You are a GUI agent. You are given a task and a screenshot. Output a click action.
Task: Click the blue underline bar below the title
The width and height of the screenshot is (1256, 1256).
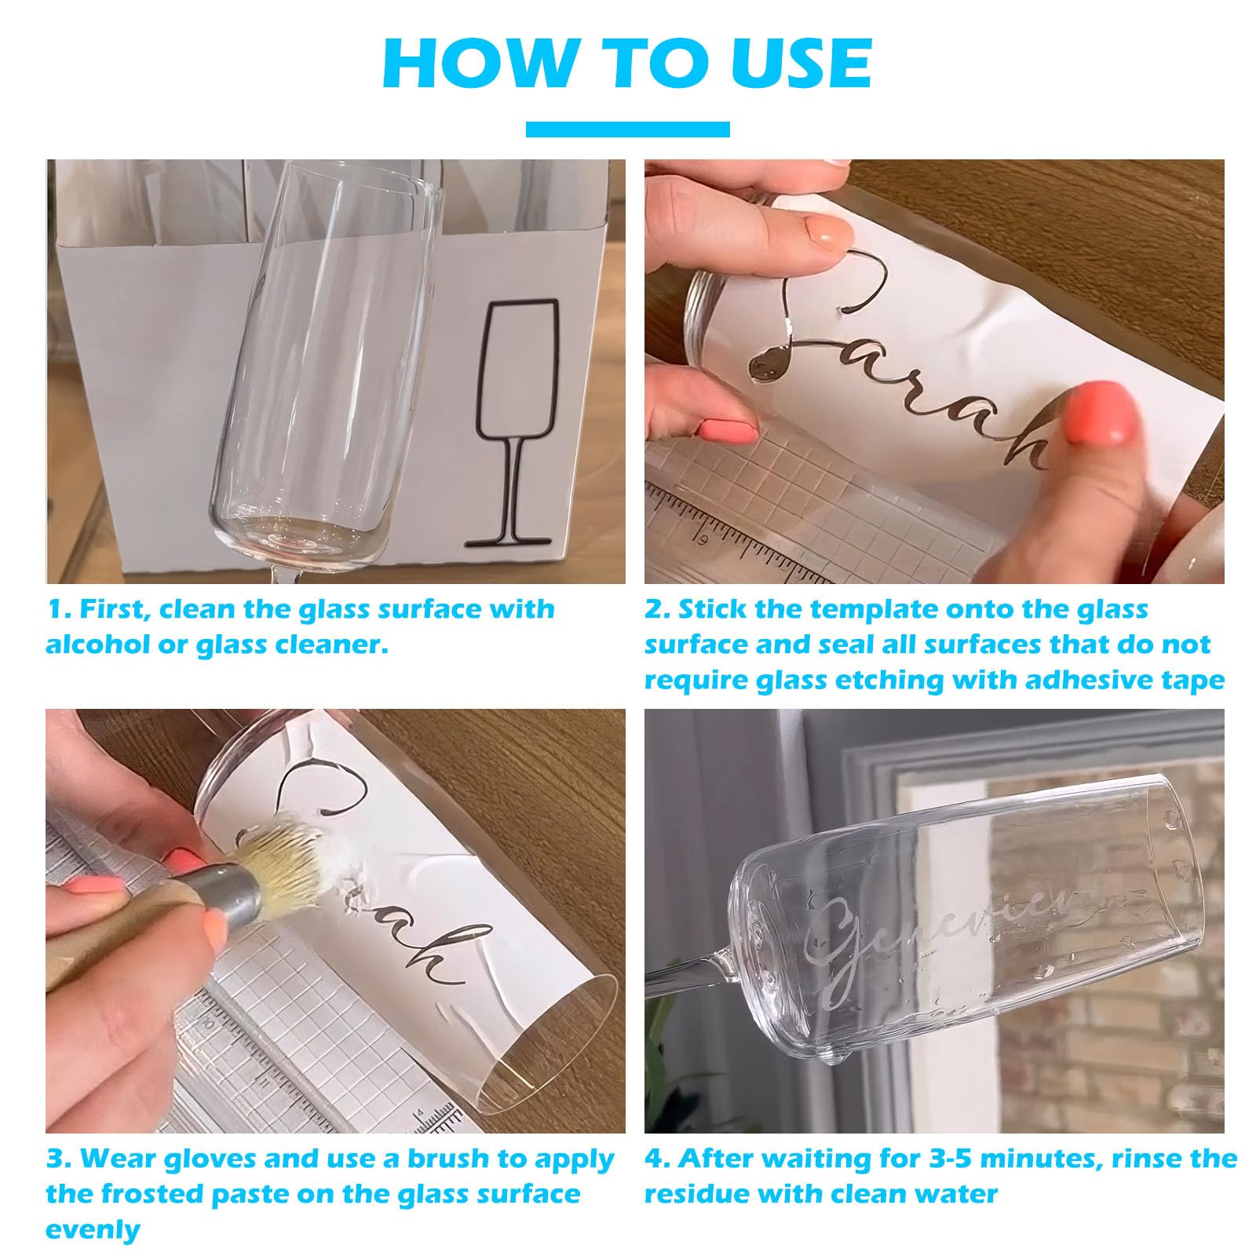[x=627, y=130]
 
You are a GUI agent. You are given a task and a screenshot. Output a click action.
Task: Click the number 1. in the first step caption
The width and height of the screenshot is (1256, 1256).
[x=60, y=609]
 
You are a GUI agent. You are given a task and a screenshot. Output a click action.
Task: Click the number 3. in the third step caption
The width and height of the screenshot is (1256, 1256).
[x=58, y=1159]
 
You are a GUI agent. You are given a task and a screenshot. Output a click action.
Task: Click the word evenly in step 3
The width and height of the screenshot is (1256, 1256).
[x=92, y=1230]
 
